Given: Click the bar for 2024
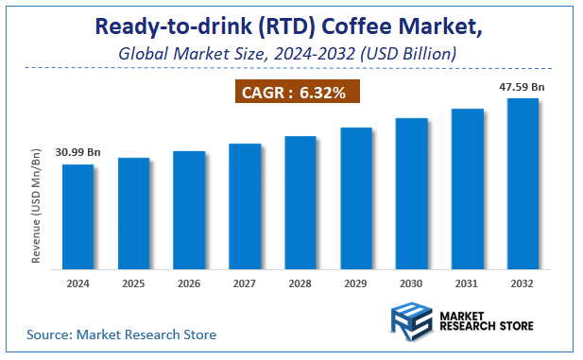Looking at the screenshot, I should [x=77, y=218].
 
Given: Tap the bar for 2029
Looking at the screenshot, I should [x=356, y=199].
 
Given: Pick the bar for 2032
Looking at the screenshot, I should [x=523, y=185].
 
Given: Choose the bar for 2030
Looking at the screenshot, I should [x=411, y=195].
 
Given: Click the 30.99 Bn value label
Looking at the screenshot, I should [x=78, y=151].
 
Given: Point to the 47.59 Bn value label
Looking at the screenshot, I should [x=523, y=86].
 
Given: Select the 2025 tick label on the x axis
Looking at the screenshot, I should [x=133, y=283].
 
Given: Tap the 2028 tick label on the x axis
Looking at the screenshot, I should [x=300, y=283].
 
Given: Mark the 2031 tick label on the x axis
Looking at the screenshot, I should [x=467, y=283].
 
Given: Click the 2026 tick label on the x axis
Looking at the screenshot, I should [x=189, y=283].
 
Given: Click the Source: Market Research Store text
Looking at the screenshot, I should [x=121, y=334].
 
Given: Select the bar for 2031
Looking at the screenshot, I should [x=467, y=190].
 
